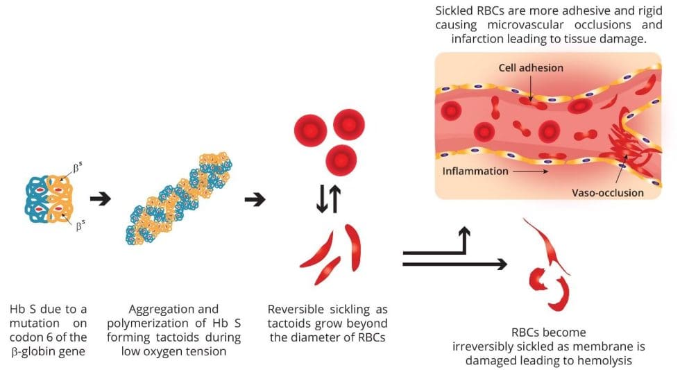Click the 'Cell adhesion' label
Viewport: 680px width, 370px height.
click(531, 68)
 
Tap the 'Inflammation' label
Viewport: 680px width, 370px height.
click(475, 171)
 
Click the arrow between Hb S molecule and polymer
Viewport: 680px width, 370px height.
click(101, 199)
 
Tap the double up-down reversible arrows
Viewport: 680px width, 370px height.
click(328, 199)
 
